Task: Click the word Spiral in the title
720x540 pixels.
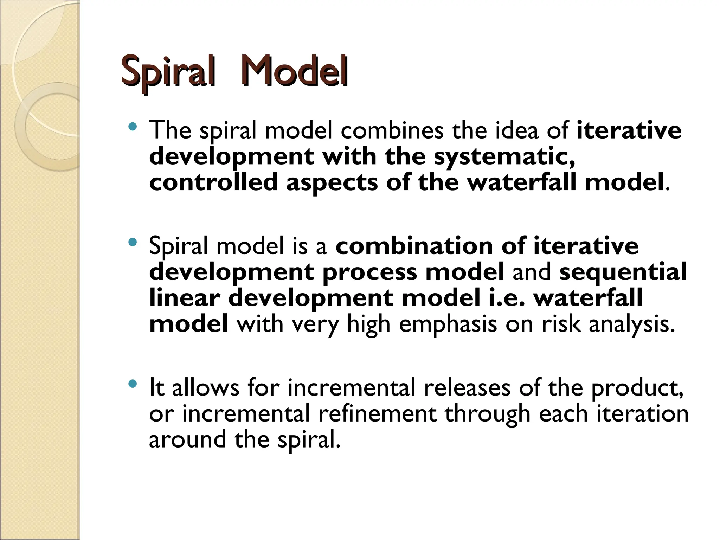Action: [x=167, y=72]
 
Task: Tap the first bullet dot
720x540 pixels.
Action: [x=133, y=126]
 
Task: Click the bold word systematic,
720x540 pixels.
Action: [x=504, y=157]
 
